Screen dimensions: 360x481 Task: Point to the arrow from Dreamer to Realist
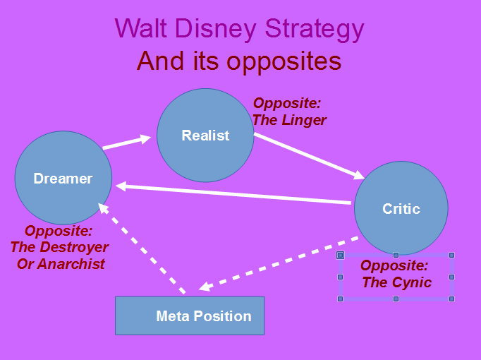[x=127, y=142]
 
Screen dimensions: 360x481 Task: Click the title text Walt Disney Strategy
[x=239, y=29]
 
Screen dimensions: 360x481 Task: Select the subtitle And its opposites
[x=239, y=61]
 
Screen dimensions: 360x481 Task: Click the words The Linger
[x=289, y=120]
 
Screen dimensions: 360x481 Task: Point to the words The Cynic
[x=396, y=282]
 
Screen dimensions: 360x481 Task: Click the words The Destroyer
[x=59, y=247]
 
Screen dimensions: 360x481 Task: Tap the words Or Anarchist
[x=61, y=264]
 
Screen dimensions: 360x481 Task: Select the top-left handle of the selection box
[x=340, y=255]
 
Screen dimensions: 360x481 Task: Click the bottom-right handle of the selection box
[x=451, y=299]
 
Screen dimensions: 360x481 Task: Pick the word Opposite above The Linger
[x=287, y=103]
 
